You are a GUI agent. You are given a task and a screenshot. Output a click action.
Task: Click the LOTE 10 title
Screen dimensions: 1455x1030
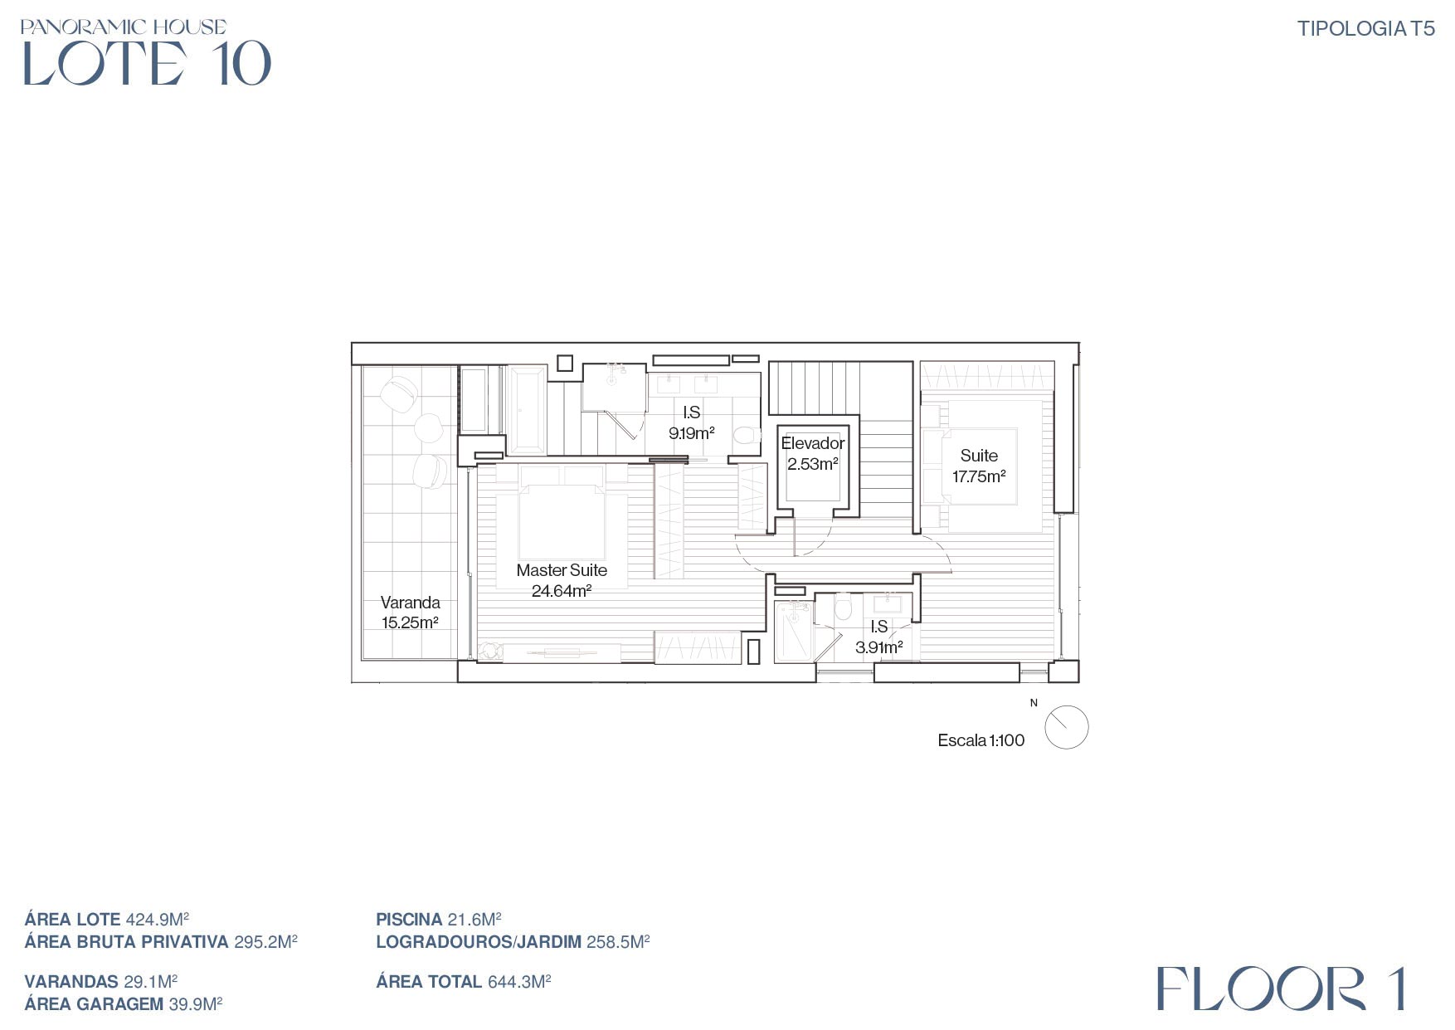[147, 63]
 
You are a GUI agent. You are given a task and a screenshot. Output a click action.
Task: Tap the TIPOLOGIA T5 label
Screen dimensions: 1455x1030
[1365, 29]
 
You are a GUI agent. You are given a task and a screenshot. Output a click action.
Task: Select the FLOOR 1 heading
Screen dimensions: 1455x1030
[1281, 989]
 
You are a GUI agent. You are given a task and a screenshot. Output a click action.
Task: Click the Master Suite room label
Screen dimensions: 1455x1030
[562, 570]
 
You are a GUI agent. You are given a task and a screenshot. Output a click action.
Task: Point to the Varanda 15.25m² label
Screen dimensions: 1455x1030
[410, 613]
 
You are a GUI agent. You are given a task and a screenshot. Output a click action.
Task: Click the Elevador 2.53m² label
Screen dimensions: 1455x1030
[813, 453]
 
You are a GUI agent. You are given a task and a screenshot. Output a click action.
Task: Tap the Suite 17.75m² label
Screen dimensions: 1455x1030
[979, 466]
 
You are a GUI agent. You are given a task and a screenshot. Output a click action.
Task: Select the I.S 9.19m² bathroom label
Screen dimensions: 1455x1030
[692, 422]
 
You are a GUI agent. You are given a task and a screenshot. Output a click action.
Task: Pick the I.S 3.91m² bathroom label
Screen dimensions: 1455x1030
[878, 637]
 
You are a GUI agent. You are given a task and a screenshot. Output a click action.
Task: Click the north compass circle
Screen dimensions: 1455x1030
[1066, 728]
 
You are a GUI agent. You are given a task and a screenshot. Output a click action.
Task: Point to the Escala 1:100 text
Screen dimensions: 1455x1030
[981, 740]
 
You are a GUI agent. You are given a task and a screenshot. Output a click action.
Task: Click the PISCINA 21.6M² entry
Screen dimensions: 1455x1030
[439, 920]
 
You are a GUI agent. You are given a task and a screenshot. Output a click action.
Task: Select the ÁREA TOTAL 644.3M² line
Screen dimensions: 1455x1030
[464, 982]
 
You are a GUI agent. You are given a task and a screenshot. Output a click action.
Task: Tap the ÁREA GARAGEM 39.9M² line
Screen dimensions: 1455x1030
[124, 1004]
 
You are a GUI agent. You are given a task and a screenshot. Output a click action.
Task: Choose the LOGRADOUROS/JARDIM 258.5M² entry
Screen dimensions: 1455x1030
[513, 942]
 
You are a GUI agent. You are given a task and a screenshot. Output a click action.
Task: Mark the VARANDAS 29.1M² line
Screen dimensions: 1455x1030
[101, 982]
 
